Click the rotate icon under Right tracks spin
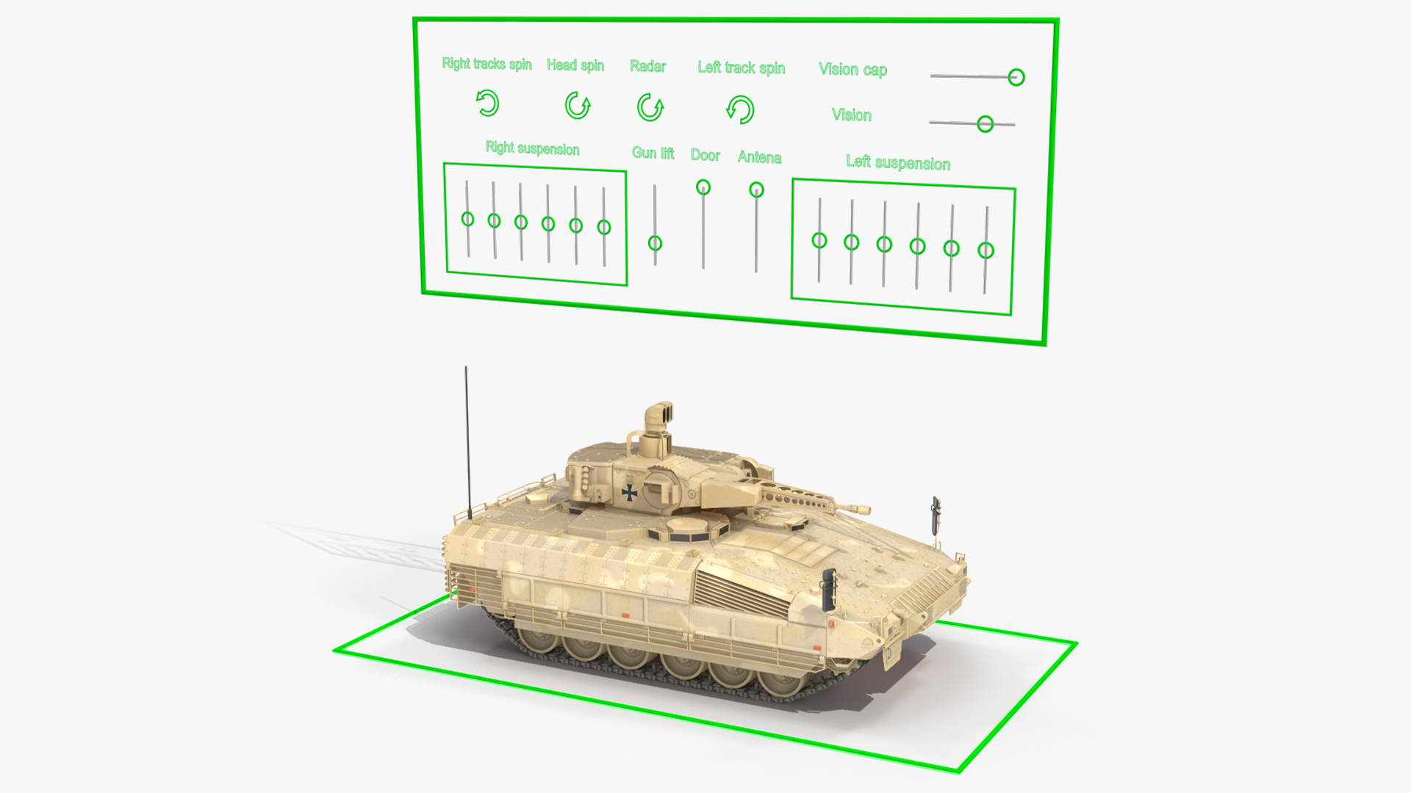(487, 104)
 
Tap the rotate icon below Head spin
(578, 105)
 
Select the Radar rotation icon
(650, 107)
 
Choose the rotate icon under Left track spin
(740, 110)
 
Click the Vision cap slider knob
(1016, 77)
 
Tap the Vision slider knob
(985, 124)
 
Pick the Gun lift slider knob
(655, 243)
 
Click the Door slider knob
(703, 187)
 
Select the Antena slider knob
(756, 190)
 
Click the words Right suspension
(533, 148)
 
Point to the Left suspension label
(898, 162)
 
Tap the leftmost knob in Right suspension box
(467, 219)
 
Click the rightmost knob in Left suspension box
(986, 250)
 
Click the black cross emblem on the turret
(630, 492)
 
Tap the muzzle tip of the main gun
(867, 510)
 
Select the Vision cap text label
(853, 70)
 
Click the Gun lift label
(653, 153)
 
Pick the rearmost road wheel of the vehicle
(538, 638)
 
